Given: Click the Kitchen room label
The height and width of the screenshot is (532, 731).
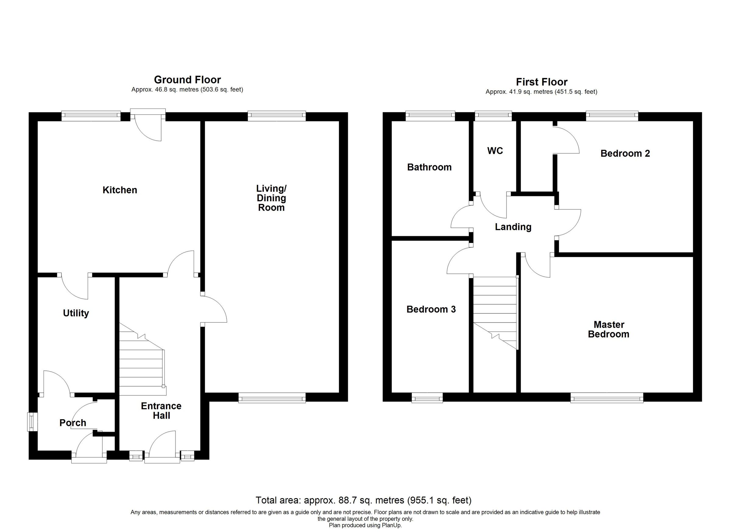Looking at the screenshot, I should pyautogui.click(x=120, y=190).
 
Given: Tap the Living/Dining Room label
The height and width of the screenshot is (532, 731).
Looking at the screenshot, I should pyautogui.click(x=271, y=198).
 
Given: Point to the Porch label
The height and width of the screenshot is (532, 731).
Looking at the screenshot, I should pyautogui.click(x=73, y=423).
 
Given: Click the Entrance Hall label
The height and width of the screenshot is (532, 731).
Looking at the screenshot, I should pyautogui.click(x=161, y=410).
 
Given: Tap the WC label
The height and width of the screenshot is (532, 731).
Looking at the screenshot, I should pyautogui.click(x=495, y=151).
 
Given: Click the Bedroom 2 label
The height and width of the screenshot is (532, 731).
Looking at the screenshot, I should pyautogui.click(x=625, y=153).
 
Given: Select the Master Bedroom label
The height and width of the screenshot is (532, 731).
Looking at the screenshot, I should pyautogui.click(x=609, y=329).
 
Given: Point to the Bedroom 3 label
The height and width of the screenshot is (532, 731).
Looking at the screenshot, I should pyautogui.click(x=431, y=309).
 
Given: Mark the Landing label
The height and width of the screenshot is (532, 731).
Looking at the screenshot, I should pyautogui.click(x=513, y=227).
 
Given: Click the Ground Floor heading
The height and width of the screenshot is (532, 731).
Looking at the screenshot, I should pyautogui.click(x=187, y=80).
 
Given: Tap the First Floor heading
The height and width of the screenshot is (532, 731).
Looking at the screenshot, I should pyautogui.click(x=542, y=82).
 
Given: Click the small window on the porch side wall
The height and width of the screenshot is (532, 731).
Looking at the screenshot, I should pyautogui.click(x=32, y=422).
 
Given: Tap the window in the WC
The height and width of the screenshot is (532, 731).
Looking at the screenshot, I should pyautogui.click(x=493, y=116).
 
